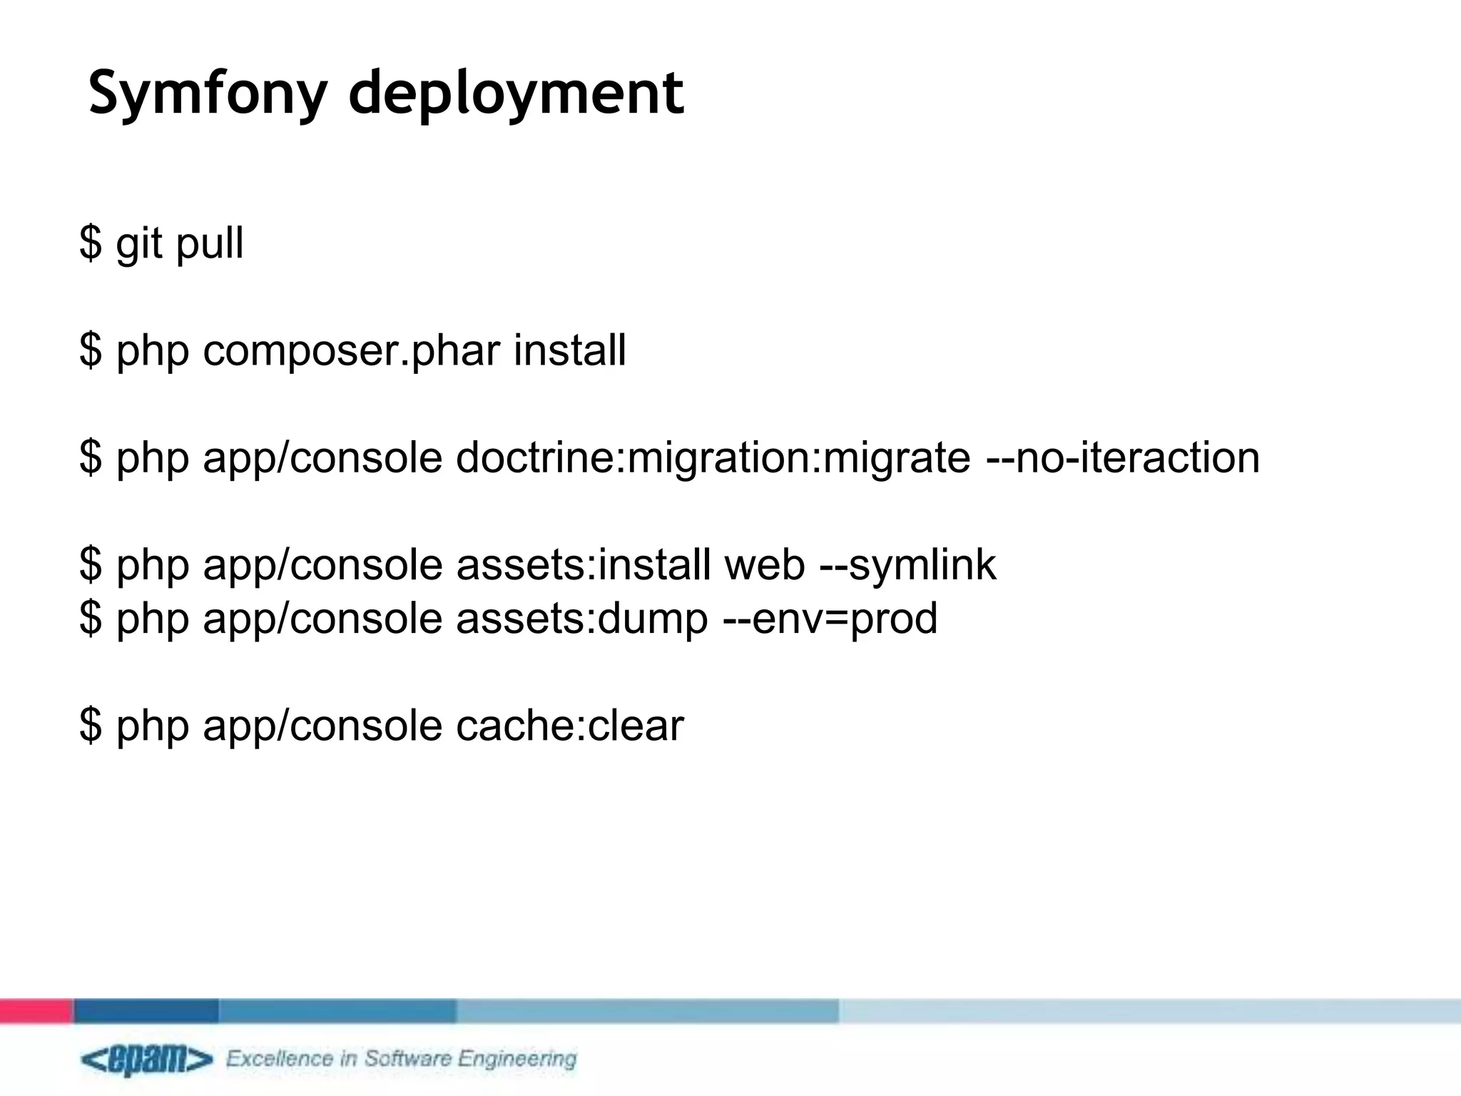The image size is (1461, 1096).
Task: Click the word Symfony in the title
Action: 207,93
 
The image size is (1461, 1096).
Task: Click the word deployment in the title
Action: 516,93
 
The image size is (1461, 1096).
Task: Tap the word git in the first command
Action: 139,243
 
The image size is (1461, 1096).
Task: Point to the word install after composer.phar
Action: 569,350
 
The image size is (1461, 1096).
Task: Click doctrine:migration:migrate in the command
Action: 713,457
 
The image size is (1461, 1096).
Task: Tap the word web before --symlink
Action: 765,564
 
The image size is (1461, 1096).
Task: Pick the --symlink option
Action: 907,564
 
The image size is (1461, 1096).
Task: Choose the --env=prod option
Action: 830,618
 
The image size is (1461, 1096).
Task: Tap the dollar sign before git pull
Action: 91,243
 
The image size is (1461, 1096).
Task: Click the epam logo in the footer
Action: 146,1060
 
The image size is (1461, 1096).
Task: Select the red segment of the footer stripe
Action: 36,1010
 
